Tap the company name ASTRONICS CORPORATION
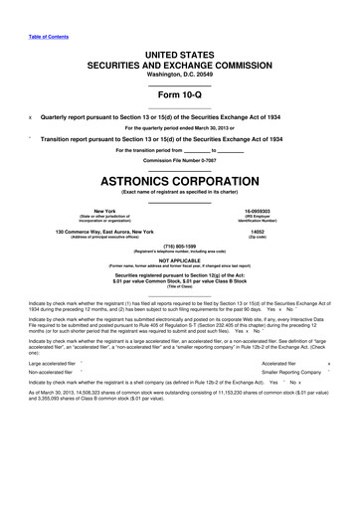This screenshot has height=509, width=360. [180, 186]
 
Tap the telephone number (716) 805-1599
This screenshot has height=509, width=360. [180, 250]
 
